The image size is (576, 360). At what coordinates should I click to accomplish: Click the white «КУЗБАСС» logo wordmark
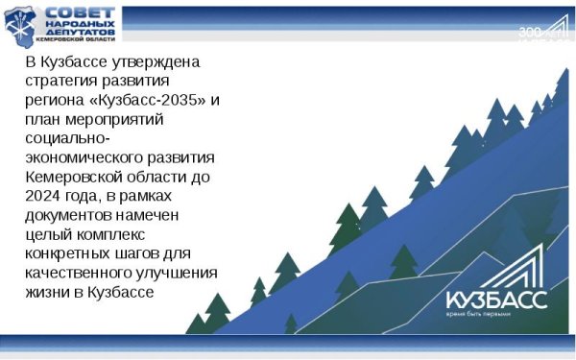pyautogui.click(x=496, y=299)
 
